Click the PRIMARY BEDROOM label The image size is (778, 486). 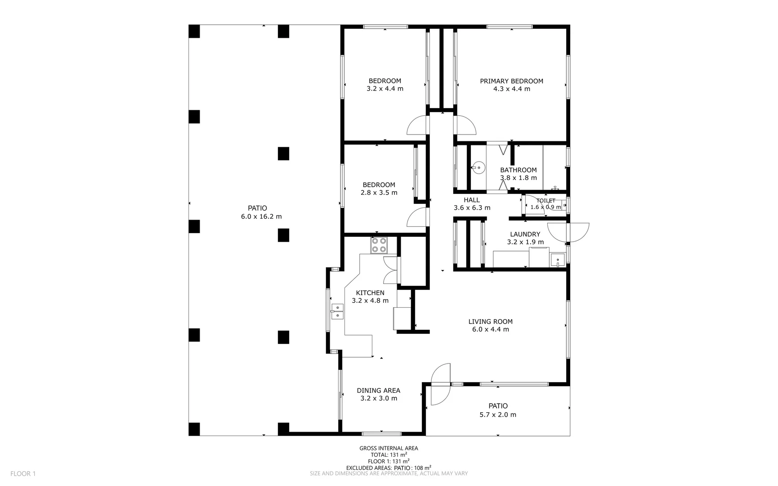click(511, 81)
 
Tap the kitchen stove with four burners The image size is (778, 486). click(379, 245)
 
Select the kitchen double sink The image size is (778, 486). click(337, 311)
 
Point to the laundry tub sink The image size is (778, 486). click(558, 260)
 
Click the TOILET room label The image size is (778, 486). click(545, 201)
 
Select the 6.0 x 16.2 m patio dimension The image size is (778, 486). click(261, 216)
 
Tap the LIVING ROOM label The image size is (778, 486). click(490, 321)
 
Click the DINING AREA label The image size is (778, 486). click(378, 391)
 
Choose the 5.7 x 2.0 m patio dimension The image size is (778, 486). click(497, 414)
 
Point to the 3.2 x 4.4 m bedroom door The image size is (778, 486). click(417, 126)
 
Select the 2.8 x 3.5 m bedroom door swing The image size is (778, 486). click(417, 218)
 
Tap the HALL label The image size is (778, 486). click(472, 200)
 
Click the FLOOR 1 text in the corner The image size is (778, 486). click(23, 473)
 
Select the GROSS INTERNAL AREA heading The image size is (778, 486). click(389, 448)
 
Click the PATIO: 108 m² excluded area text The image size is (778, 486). click(412, 468)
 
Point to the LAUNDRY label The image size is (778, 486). click(525, 234)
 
